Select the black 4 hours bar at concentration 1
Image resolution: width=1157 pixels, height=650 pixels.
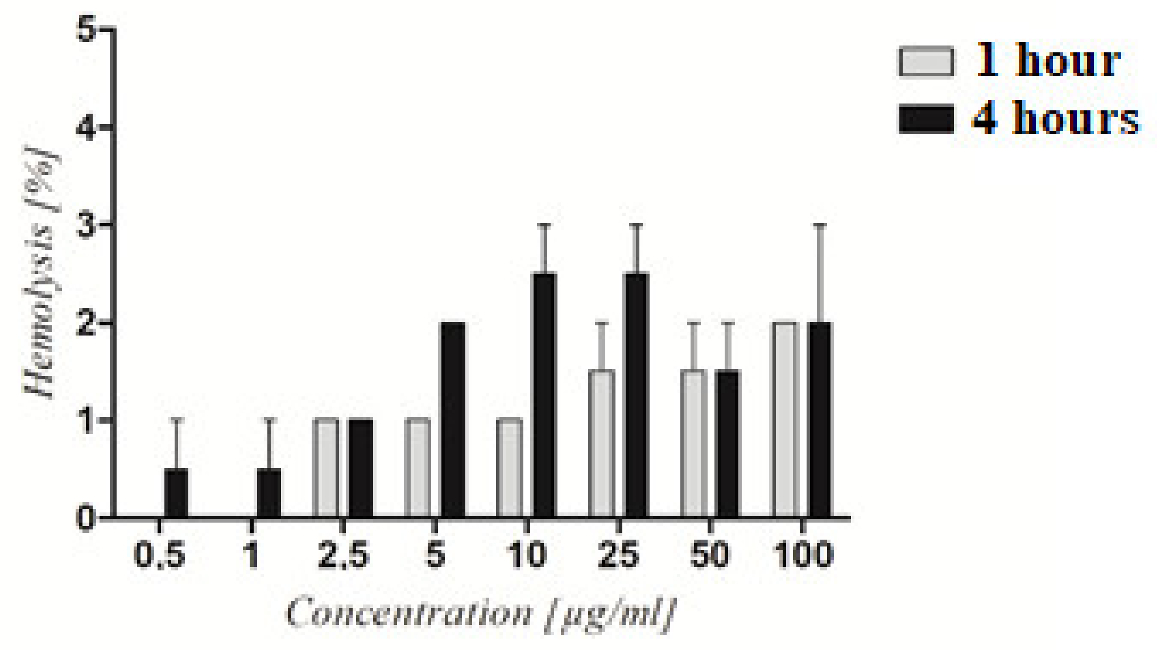[x=268, y=492]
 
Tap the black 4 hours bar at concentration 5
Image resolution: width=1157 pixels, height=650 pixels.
[x=453, y=420]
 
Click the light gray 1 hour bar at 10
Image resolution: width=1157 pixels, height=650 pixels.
[x=510, y=467]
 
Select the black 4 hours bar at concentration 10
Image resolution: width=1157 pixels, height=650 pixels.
[x=544, y=395]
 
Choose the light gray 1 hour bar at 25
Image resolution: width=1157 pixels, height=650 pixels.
[x=602, y=444]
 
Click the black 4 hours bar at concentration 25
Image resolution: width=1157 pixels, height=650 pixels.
[x=637, y=395]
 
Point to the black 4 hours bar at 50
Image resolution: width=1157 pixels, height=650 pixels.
[x=728, y=444]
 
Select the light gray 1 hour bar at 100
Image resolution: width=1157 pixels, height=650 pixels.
[x=786, y=420]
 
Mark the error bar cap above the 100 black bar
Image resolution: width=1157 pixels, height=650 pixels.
[x=820, y=225]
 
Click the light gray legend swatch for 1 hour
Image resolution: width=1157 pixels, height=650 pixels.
[x=926, y=62]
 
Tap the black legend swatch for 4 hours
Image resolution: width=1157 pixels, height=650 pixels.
[x=926, y=119]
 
